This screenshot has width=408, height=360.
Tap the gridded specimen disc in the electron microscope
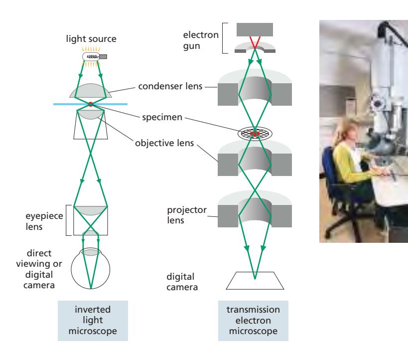pyautogui.click(x=255, y=133)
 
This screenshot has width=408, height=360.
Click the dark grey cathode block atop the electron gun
pyautogui.click(x=255, y=29)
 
